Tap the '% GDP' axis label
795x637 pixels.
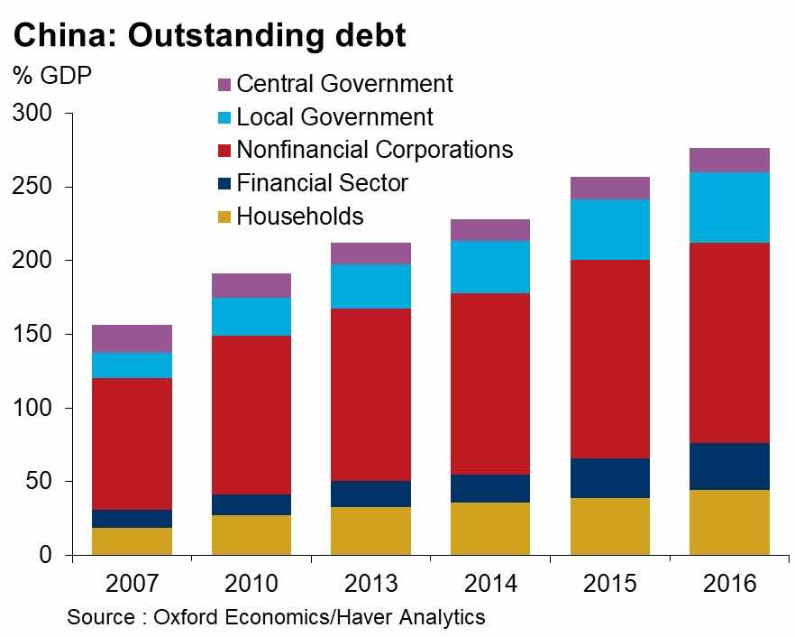(x=52, y=75)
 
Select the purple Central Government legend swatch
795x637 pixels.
(x=224, y=86)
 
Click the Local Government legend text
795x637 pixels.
(x=334, y=117)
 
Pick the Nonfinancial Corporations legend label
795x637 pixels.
(x=374, y=150)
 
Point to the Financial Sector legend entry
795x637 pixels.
(x=322, y=183)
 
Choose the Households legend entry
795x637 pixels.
(x=300, y=217)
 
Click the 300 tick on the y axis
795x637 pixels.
(x=32, y=114)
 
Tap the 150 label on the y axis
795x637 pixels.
(x=32, y=335)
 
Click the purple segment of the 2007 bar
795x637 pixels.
(x=132, y=338)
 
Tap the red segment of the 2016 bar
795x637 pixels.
(x=729, y=343)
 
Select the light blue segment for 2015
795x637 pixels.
(x=609, y=230)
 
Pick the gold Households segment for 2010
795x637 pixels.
(x=251, y=535)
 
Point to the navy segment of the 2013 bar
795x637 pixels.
(x=370, y=494)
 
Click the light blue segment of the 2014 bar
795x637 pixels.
(x=490, y=267)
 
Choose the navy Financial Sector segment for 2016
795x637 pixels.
(x=729, y=466)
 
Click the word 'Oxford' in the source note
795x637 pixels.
(x=191, y=618)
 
